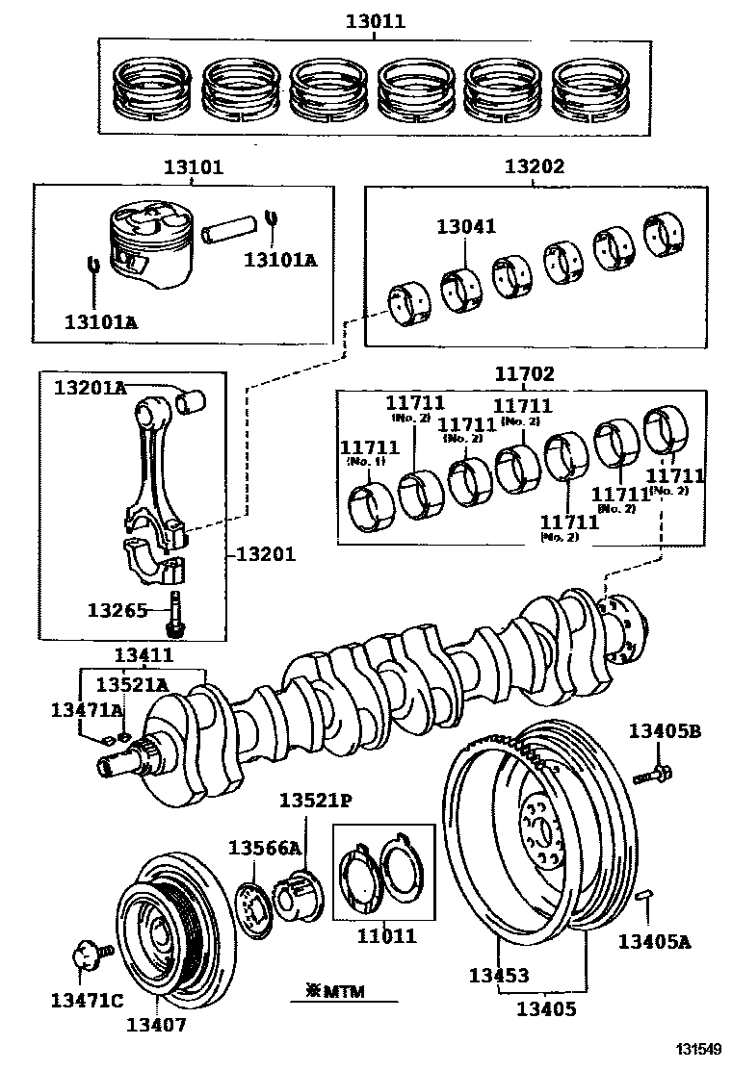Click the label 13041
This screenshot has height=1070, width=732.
point(466,227)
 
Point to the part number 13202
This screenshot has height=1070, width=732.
point(534,166)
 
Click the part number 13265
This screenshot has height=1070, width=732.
point(117,610)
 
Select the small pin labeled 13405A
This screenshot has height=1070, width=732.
point(646,897)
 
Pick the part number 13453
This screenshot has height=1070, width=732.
point(498,975)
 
